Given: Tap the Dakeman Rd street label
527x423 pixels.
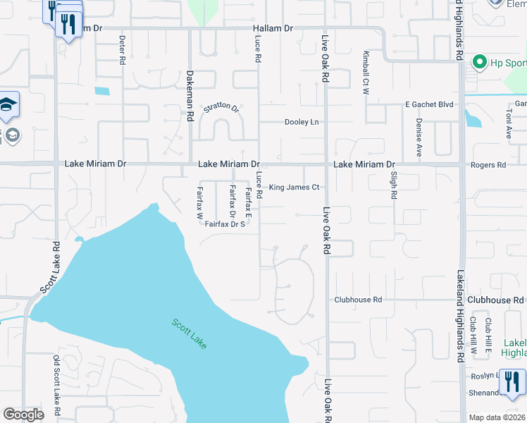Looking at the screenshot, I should click(190, 92).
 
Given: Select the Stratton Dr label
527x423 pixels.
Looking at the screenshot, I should click(222, 108).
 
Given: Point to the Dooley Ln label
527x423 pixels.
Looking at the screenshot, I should click(302, 122).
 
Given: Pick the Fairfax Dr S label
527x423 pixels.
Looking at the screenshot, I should click(224, 224).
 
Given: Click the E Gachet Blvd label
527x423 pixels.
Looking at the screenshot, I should click(428, 104).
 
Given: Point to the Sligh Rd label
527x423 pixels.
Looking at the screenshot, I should click(394, 183).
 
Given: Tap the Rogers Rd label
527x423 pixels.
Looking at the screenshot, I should click(491, 165).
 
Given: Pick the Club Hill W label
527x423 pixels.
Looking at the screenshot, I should click(474, 336).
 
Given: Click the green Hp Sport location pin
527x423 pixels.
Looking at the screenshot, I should click(479, 63).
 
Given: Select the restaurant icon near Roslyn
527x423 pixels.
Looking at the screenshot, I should click(511, 382).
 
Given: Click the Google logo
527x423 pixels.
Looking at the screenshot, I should click(24, 415).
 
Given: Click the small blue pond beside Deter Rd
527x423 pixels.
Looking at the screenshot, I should click(103, 91).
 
